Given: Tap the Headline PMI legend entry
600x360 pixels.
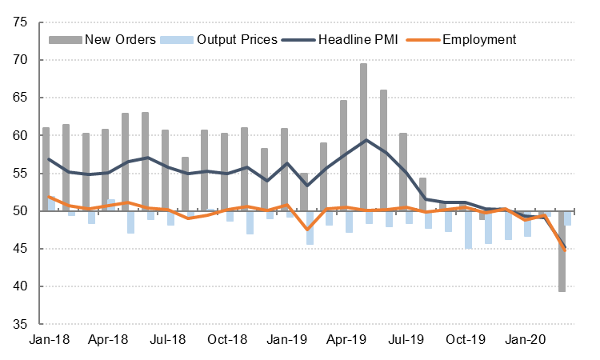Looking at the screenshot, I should point(360,39).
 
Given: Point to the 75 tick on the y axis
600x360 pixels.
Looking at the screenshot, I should point(22,22).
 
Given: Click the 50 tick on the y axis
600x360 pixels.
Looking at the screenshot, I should point(22,211).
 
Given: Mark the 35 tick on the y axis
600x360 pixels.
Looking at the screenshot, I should point(22,325).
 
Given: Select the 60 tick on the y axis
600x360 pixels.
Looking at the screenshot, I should point(22,136).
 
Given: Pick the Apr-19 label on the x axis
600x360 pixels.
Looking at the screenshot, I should point(346,340).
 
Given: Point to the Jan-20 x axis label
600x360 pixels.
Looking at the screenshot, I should point(524,340).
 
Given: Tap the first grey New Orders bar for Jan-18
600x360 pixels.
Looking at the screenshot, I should point(46,168).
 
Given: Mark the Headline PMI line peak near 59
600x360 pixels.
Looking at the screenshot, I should point(365,140).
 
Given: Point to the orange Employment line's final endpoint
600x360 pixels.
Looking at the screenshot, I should point(565,250).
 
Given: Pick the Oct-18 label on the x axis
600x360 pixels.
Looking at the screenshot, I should point(226,340).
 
